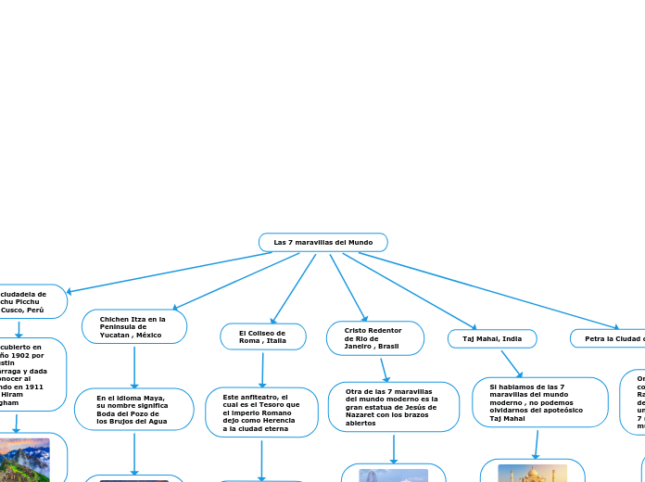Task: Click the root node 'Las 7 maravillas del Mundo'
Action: click(x=322, y=243)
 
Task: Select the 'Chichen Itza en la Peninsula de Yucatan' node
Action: click(x=134, y=326)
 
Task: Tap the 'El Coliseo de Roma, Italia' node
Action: click(x=263, y=336)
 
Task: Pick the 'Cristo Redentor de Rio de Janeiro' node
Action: click(x=374, y=338)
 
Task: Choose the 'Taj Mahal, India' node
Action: click(x=492, y=339)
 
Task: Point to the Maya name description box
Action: click(x=133, y=410)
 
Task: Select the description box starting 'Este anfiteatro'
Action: click(x=261, y=412)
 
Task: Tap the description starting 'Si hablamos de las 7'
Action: click(x=539, y=402)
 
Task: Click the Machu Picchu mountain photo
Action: click(x=26, y=460)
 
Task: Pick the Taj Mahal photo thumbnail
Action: click(x=533, y=472)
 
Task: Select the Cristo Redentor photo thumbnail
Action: click(x=394, y=475)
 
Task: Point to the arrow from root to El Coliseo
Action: click(x=293, y=287)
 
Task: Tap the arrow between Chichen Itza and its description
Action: click(x=134, y=366)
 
